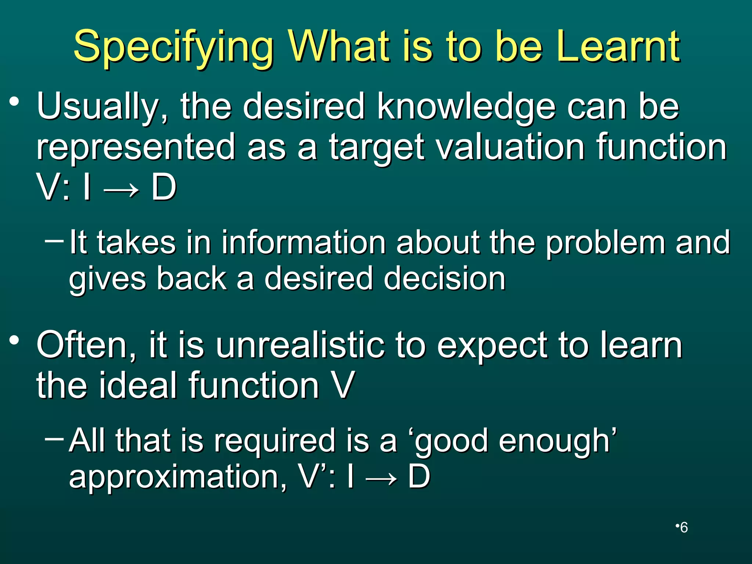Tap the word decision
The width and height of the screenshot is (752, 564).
point(444,279)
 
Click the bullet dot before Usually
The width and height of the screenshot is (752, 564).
point(14,102)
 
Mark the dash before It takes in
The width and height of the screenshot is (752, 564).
point(54,241)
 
